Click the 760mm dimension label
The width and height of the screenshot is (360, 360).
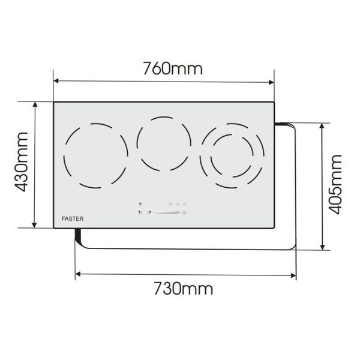click(173, 68)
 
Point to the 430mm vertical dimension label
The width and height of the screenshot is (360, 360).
click(22, 162)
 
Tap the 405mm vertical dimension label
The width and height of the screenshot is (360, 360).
click(334, 184)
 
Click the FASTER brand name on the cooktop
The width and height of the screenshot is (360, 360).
click(73, 219)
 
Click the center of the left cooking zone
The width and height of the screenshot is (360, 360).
click(95, 156)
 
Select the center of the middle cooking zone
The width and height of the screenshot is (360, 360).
click(164, 144)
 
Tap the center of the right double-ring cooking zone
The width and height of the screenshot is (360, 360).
click(232, 155)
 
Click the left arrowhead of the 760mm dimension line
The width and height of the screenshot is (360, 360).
click(56, 81)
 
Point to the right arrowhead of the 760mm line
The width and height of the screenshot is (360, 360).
click(271, 82)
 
